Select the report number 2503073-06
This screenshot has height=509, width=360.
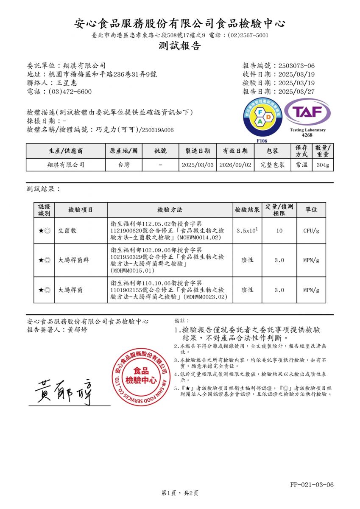coord(296,66)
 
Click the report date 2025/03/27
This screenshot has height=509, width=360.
coord(296,91)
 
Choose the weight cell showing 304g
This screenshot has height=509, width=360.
coord(323,165)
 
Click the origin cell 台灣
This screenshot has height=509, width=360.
coord(124,165)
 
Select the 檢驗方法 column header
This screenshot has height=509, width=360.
coord(170,210)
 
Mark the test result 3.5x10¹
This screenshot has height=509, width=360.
coord(247,231)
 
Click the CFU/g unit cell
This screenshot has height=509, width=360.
coord(311,231)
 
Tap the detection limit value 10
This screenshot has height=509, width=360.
coord(279,231)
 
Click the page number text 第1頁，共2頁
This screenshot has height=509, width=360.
coord(180,493)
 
